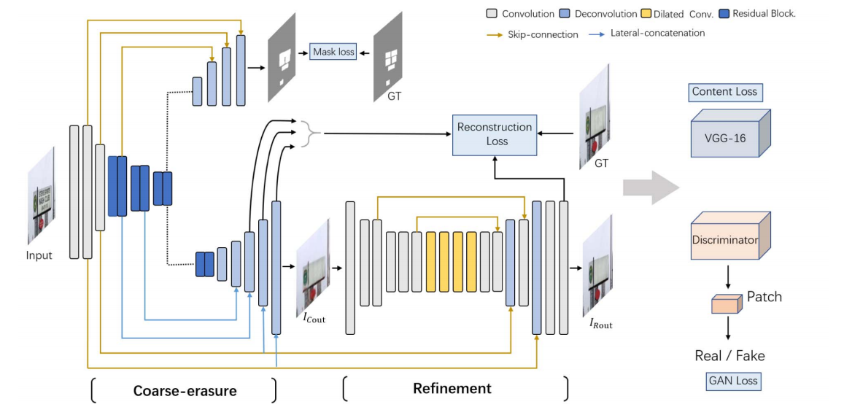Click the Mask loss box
pyautogui.click(x=333, y=52)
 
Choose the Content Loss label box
pyautogui.click(x=724, y=92)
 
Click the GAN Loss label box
pyautogui.click(x=733, y=380)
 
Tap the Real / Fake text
pyautogui.click(x=729, y=356)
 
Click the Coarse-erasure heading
pyautogui.click(x=185, y=391)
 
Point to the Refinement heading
pyautogui.click(x=452, y=388)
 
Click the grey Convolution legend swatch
pyautogui.click(x=491, y=13)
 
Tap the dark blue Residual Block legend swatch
pyautogui.click(x=724, y=13)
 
